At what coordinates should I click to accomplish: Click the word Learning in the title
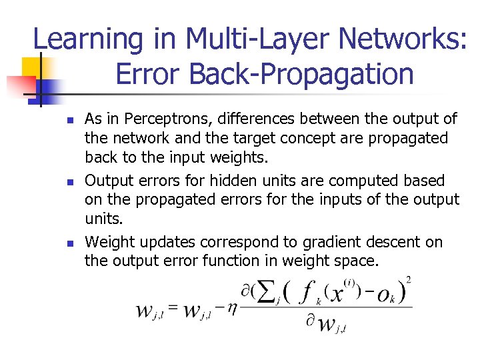point(87,39)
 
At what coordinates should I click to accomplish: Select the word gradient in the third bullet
point(326,242)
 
